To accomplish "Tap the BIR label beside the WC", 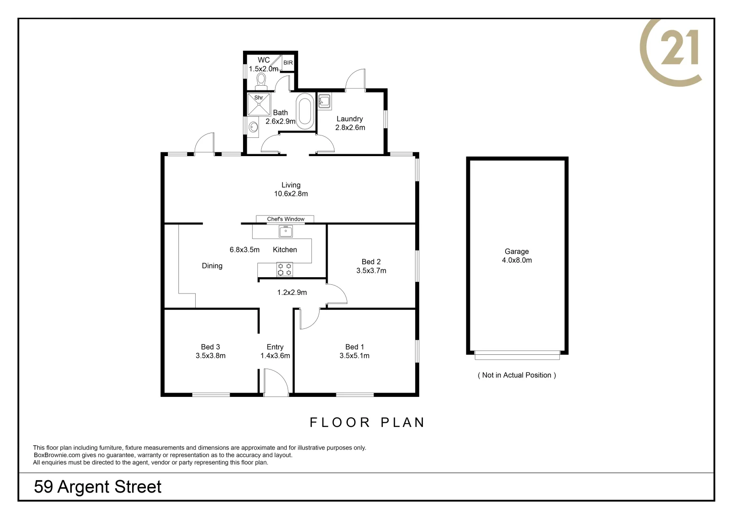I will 288,63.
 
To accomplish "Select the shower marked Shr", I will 259,104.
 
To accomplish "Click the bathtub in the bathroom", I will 305,112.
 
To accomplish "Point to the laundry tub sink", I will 325,101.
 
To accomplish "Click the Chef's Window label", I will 286,219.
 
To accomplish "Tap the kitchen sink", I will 286,232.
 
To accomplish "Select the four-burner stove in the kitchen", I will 285,269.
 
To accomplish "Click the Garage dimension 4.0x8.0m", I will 517,260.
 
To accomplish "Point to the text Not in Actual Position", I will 517,375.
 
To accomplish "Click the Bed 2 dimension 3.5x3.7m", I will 371,270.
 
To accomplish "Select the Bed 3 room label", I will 210,347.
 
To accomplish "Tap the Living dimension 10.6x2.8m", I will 291,194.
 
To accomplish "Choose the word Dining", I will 212,266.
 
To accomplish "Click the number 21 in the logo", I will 679,48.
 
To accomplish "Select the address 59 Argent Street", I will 98,487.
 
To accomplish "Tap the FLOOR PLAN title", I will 367,422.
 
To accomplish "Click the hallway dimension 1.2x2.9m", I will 292,292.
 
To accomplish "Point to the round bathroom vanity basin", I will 254,127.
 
